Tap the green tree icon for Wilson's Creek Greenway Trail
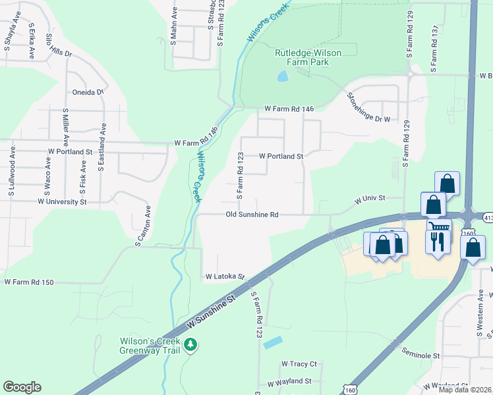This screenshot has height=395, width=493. pos(190,344)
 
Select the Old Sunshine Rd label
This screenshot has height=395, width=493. pos(252,215)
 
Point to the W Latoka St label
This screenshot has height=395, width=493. pos(225,277)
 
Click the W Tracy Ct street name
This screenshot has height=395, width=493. pos(299,363)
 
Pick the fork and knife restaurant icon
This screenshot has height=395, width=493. pos(438,241)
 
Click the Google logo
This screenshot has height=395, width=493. pos(22,387)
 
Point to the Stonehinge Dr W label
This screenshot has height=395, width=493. pos(368,107)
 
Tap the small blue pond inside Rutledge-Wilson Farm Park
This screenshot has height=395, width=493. pos(283,76)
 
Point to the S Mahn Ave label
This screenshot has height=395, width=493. pos(175,26)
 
